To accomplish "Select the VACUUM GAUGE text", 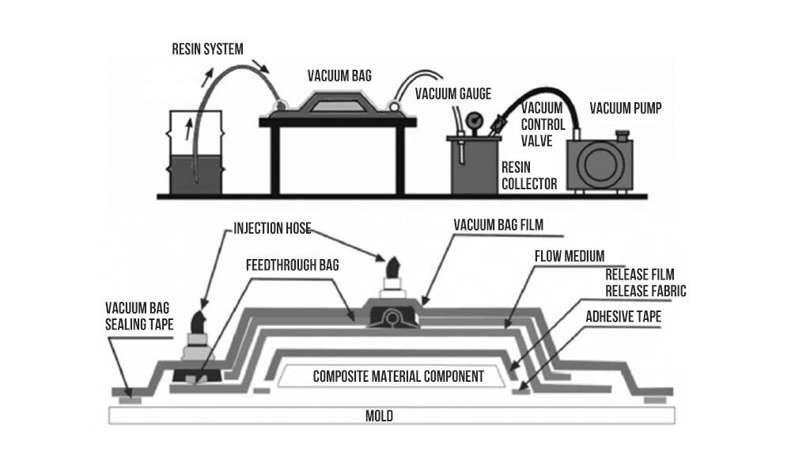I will coord(453,94).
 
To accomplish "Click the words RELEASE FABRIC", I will coord(645,291).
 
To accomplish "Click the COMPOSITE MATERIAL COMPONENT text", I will coord(398,375).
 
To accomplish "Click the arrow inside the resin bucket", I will coord(187,128).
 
